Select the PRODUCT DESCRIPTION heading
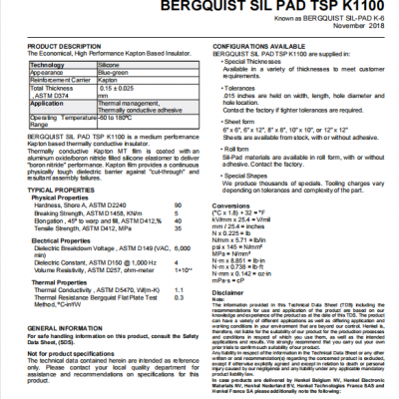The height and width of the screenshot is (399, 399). coord(66,46)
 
